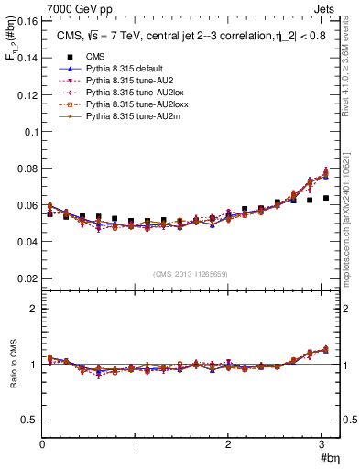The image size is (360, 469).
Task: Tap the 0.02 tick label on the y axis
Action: [x=27, y=278]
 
